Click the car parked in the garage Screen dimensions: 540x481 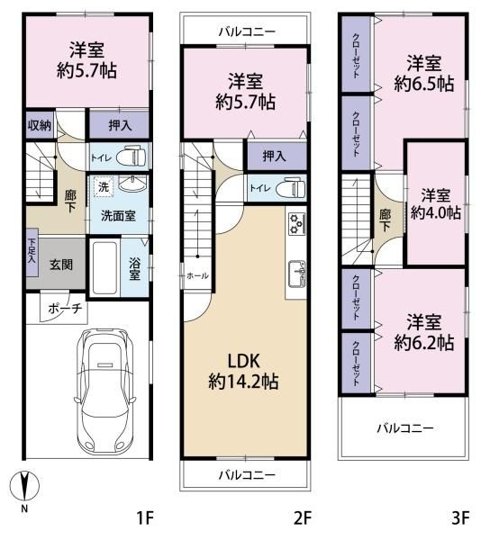click(x=107, y=390)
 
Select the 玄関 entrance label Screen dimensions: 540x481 click(x=60, y=264)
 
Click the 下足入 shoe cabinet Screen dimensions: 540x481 click(x=31, y=249)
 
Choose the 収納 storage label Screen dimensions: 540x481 click(x=38, y=125)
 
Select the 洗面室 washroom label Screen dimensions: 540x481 click(x=117, y=217)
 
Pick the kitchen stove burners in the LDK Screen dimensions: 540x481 click(x=297, y=223)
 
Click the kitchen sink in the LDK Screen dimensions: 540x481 click(x=297, y=271)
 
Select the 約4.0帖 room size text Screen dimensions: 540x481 click(x=435, y=213)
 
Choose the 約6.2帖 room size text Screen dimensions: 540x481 click(x=423, y=343)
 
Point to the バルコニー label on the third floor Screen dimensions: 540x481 click(x=404, y=427)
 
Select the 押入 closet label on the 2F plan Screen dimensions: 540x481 click(x=275, y=157)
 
